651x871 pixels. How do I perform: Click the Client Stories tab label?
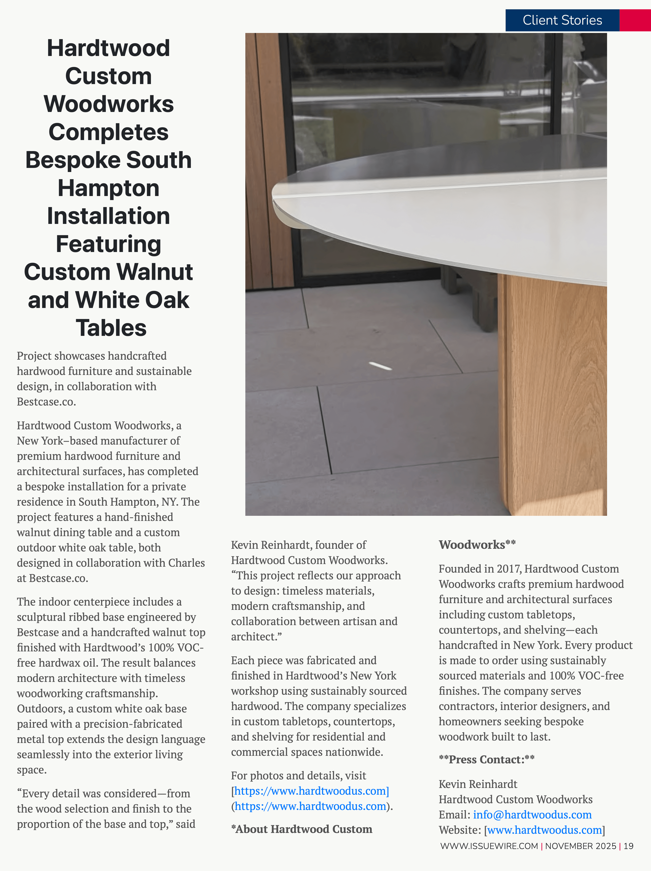tap(562, 20)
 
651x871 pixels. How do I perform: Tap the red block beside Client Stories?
tap(635, 20)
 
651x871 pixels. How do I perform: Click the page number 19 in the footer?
tap(629, 846)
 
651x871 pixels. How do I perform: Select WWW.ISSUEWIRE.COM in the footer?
tap(489, 846)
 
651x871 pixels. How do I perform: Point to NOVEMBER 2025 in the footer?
tap(581, 846)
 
